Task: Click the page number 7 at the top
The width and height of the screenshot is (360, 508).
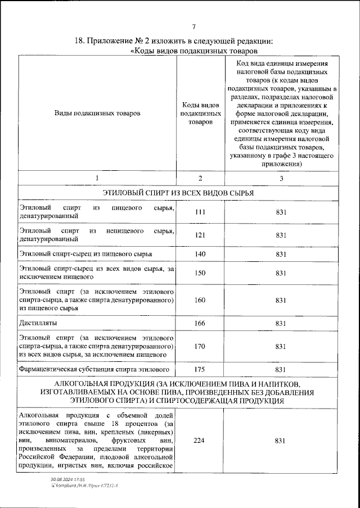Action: (193, 27)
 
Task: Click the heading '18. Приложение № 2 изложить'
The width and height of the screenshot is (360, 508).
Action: (174, 41)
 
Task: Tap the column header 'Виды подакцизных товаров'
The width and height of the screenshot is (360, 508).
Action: (97, 113)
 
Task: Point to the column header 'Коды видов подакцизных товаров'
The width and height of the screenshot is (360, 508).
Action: (199, 113)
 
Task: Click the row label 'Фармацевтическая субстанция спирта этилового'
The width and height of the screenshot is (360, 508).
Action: (94, 369)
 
